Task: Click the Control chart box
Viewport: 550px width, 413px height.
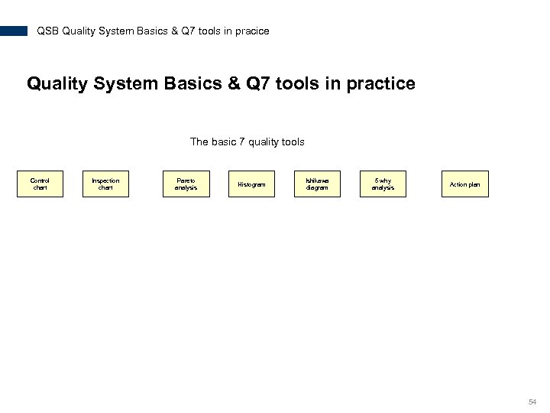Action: pyautogui.click(x=40, y=184)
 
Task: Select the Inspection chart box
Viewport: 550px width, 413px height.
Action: pyautogui.click(x=105, y=184)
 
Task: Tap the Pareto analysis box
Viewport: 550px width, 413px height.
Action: pyautogui.click(x=186, y=184)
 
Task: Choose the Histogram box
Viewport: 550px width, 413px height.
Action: pyautogui.click(x=251, y=184)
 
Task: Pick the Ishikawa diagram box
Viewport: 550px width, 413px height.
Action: pyautogui.click(x=317, y=184)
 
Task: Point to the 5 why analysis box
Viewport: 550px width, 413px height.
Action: pyautogui.click(x=383, y=184)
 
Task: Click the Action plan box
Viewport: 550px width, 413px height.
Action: pyautogui.click(x=464, y=184)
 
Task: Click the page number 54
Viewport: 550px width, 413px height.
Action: pyautogui.click(x=532, y=402)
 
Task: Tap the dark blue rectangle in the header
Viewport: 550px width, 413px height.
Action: pyautogui.click(x=14, y=31)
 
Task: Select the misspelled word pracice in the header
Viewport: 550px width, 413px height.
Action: pyautogui.click(x=252, y=31)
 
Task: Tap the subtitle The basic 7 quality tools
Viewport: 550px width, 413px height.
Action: pyautogui.click(x=247, y=141)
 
